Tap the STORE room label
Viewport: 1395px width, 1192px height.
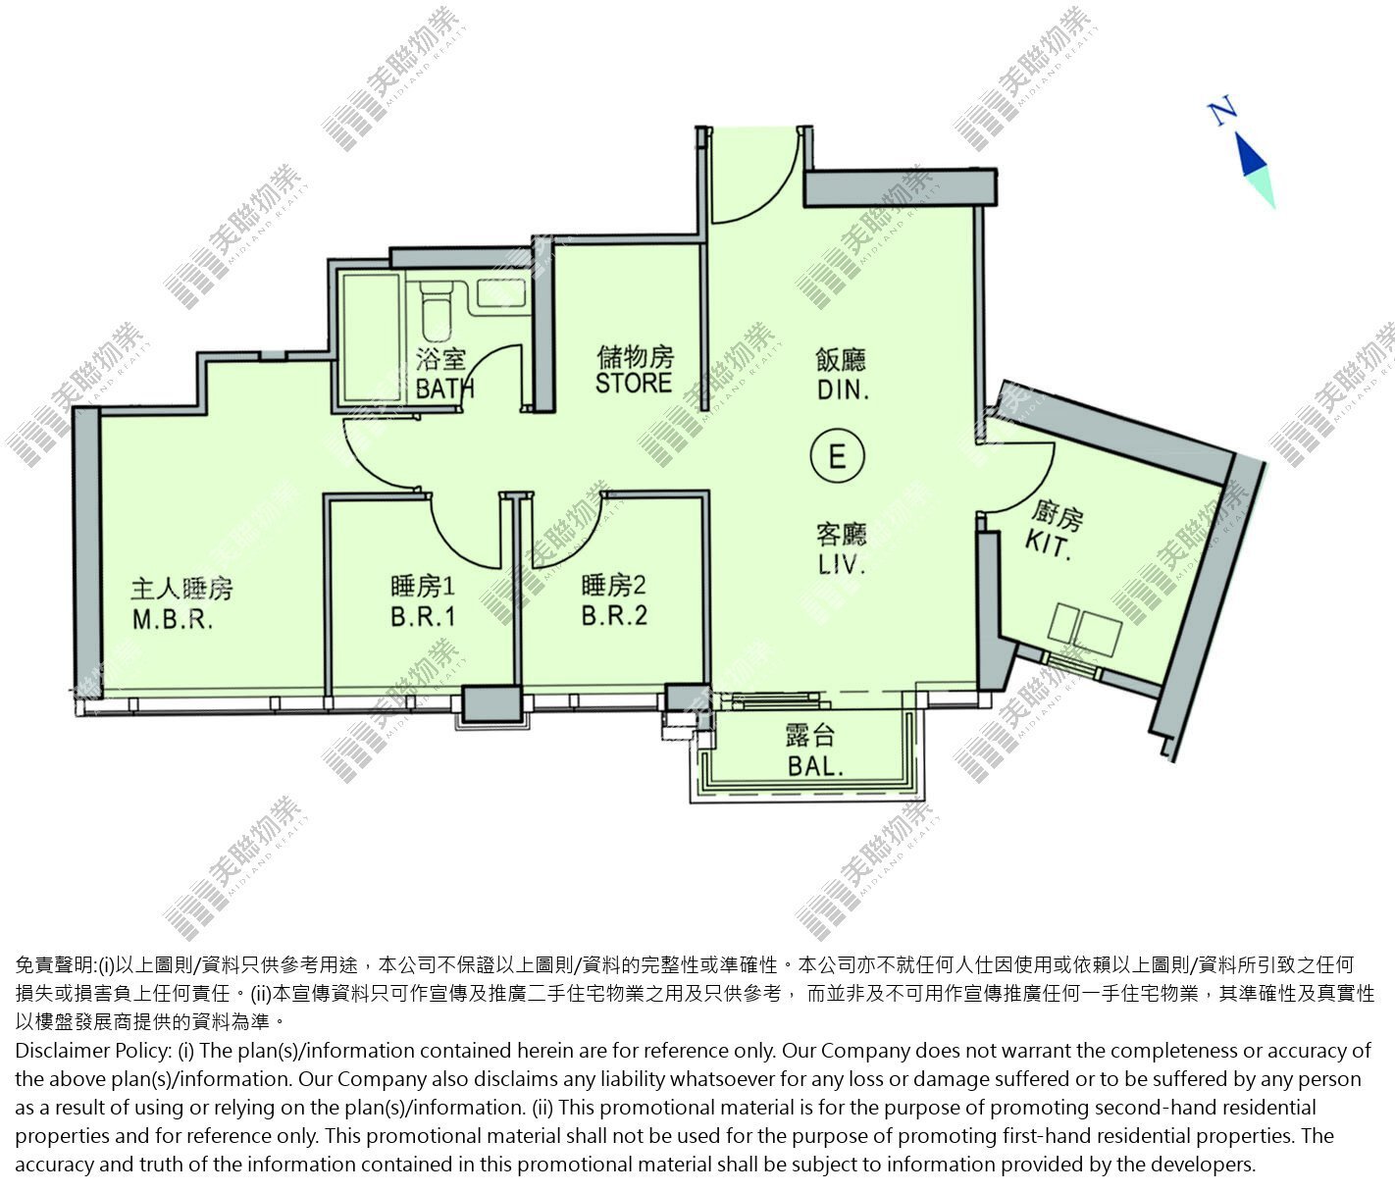[633, 382]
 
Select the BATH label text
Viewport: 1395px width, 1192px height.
[444, 389]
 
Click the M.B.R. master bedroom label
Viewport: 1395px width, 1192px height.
[173, 619]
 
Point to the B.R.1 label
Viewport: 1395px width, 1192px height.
[423, 616]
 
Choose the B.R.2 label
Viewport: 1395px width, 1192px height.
[614, 615]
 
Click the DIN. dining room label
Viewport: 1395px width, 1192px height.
[843, 389]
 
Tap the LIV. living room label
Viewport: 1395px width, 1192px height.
[842, 563]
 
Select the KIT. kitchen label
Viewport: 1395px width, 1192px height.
[1048, 544]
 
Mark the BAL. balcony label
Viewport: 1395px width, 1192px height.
[815, 766]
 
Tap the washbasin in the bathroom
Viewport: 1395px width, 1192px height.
[502, 292]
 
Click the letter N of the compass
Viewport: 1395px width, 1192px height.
[1222, 112]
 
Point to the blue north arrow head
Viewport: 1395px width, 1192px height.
[1251, 154]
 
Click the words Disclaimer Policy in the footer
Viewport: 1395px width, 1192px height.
[93, 1051]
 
